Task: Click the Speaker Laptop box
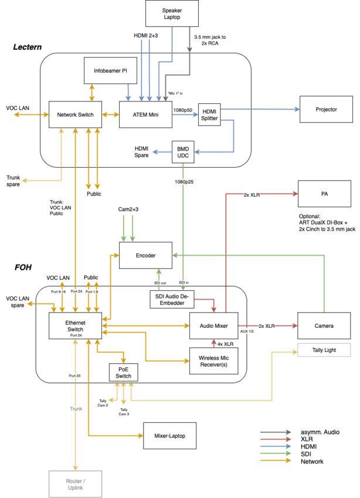(172, 13)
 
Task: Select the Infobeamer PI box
(110, 71)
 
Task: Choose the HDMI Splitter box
(209, 114)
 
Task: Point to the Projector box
(326, 109)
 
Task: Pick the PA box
(324, 194)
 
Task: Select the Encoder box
(145, 256)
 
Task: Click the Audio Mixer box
(213, 326)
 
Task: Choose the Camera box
(324, 326)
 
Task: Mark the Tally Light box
(324, 350)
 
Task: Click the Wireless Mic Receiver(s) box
(213, 361)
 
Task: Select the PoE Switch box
(124, 372)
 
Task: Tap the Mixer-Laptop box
(170, 436)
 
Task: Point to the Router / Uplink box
(75, 484)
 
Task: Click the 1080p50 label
(183, 110)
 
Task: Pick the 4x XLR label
(225, 344)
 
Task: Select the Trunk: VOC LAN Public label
(59, 208)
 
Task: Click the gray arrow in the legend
(276, 432)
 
